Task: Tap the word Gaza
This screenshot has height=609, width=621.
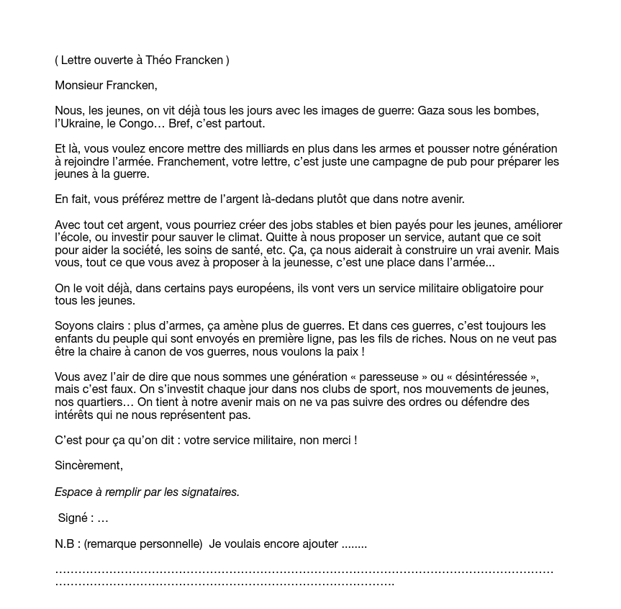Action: click(432, 111)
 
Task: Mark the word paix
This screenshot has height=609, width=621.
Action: click(348, 351)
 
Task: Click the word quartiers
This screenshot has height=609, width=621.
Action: click(99, 402)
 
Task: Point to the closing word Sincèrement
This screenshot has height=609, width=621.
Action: click(89, 465)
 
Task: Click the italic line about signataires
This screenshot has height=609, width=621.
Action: click(147, 492)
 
